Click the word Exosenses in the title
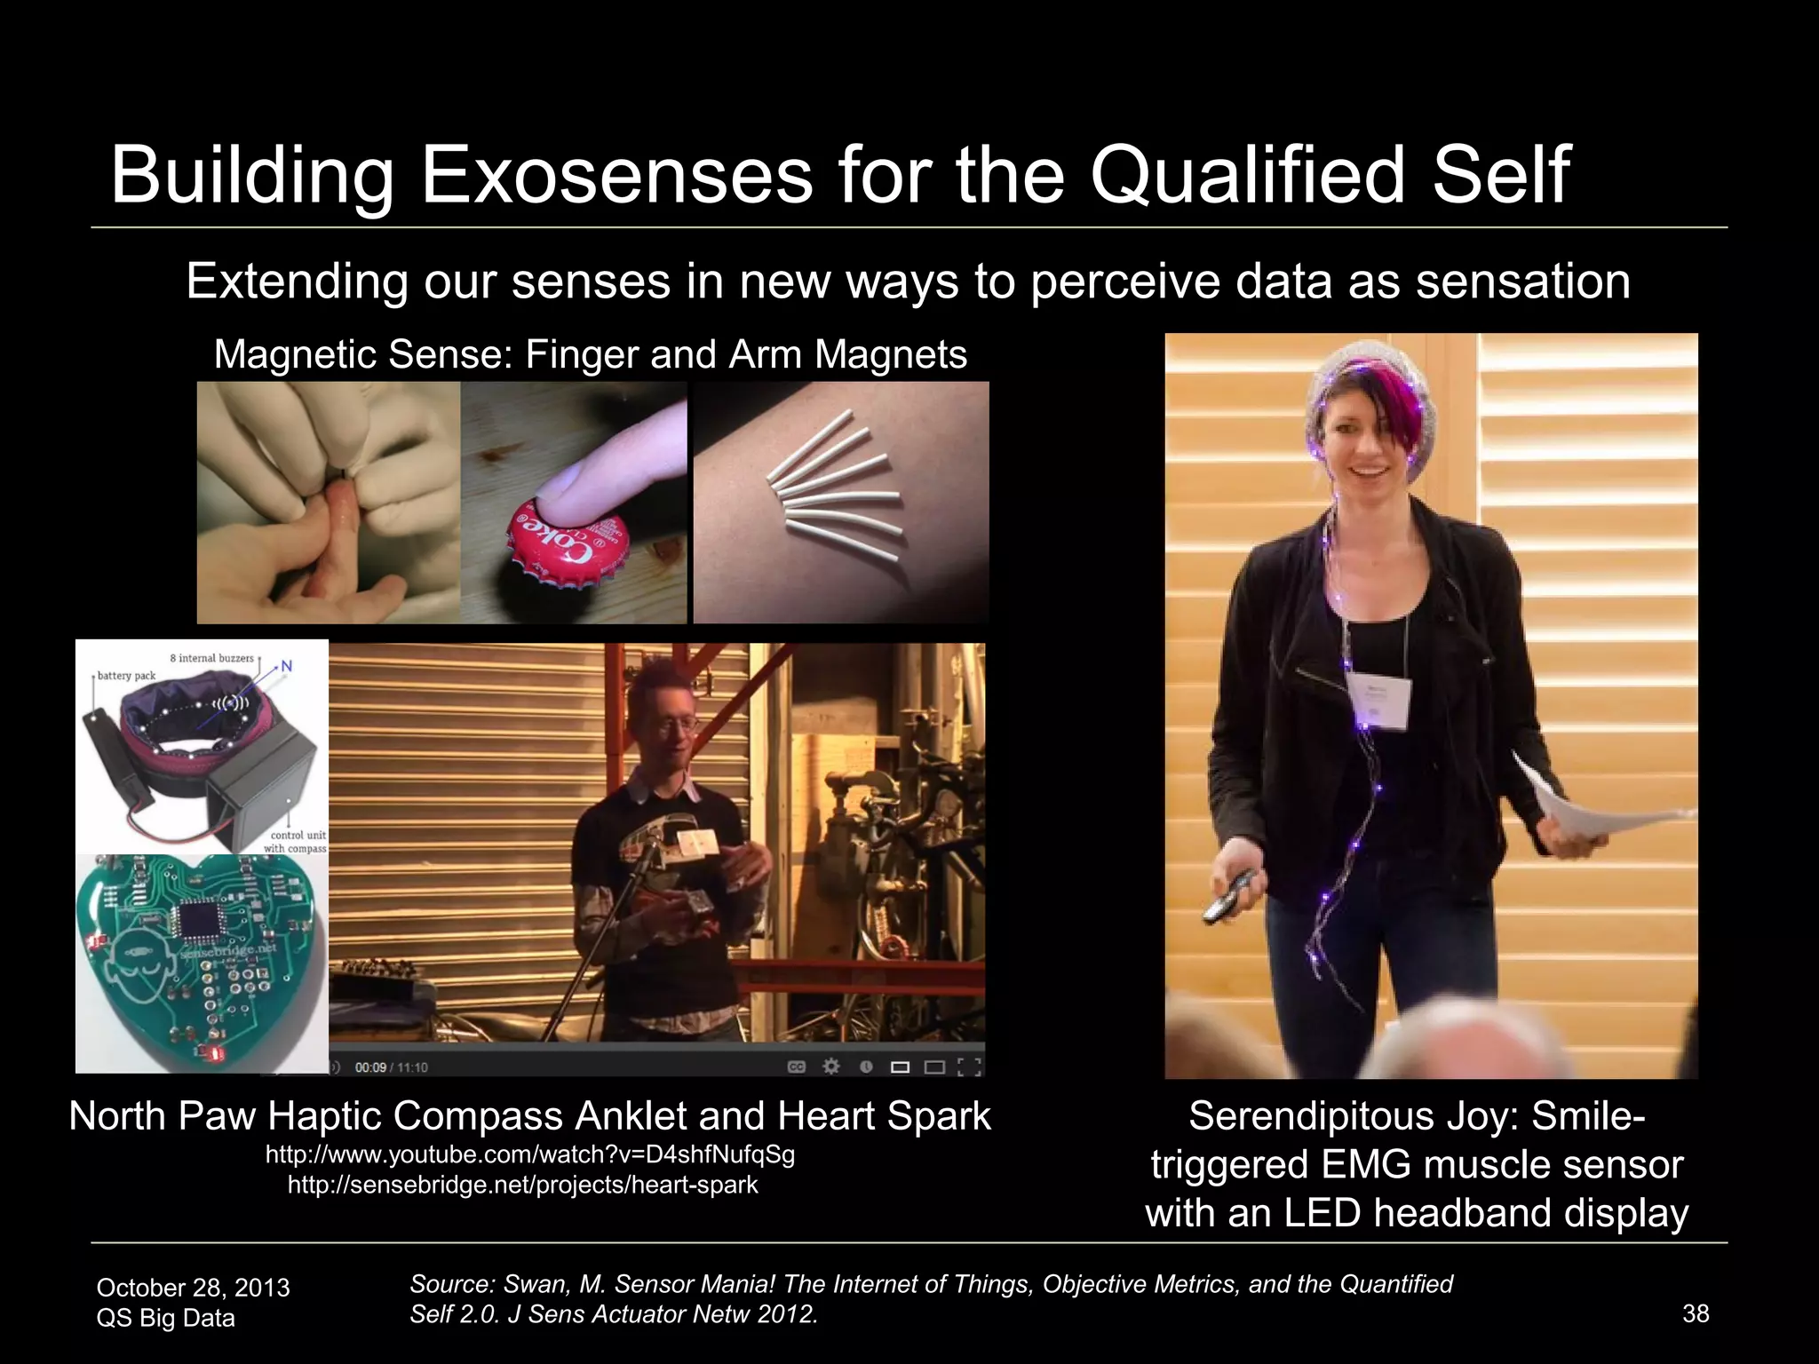tap(616, 175)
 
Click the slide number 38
tap(1696, 1313)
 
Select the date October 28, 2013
tap(193, 1288)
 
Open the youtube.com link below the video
tap(530, 1155)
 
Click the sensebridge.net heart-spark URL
tap(522, 1186)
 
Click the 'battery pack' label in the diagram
tap(126, 676)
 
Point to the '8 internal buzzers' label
tap(211, 658)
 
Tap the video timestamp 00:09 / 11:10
tap(391, 1067)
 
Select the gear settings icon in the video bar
tap(831, 1067)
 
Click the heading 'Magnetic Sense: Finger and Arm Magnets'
tap(590, 354)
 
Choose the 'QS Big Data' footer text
tap(165, 1318)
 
